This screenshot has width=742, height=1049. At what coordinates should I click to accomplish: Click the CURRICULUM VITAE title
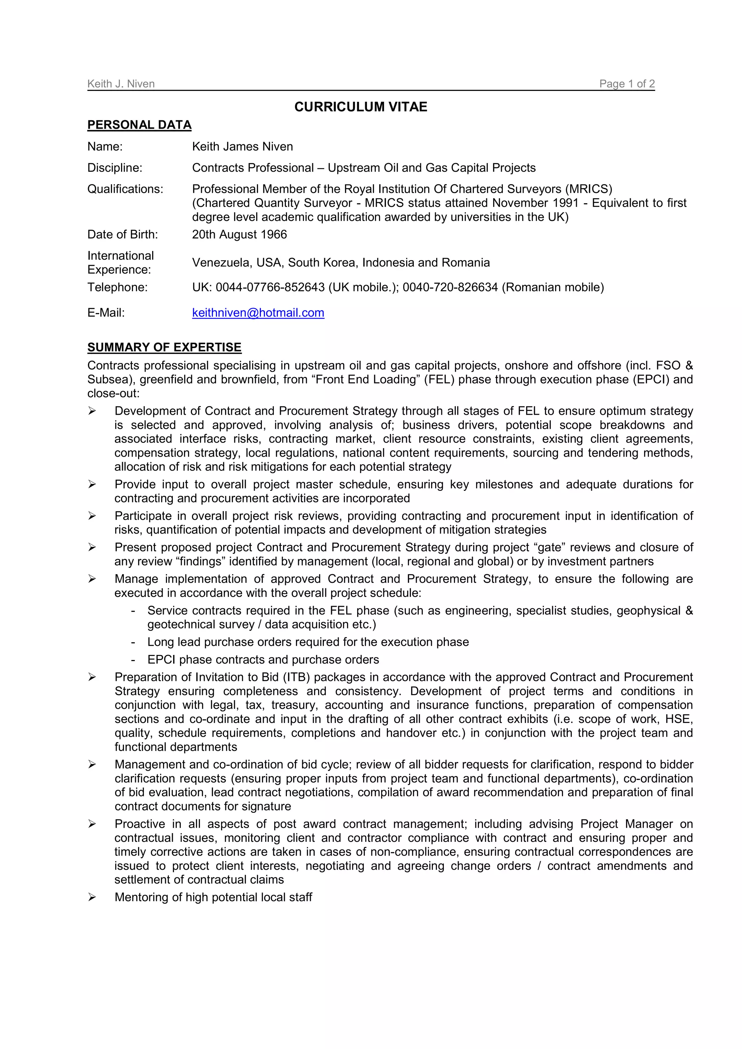tap(360, 106)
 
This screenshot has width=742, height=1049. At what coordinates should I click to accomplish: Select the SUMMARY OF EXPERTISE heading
tap(164, 347)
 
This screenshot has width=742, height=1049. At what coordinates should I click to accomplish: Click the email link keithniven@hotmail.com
tap(258, 313)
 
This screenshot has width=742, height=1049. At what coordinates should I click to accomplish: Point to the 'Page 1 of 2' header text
tap(627, 84)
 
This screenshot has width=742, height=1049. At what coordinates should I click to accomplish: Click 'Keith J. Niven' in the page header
tap(121, 84)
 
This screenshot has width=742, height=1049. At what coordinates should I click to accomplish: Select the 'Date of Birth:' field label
tap(122, 234)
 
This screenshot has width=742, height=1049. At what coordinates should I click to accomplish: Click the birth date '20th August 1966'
tap(239, 234)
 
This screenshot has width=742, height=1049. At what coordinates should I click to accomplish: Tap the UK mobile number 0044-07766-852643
tap(270, 287)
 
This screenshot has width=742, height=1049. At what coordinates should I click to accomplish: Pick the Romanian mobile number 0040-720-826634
tap(450, 287)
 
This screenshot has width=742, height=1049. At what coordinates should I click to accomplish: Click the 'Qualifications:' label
tap(125, 189)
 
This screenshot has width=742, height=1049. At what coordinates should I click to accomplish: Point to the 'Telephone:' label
tap(117, 287)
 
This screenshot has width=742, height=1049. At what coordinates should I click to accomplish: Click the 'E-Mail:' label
tap(106, 313)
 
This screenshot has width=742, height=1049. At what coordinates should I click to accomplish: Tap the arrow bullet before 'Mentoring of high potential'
tap(92, 897)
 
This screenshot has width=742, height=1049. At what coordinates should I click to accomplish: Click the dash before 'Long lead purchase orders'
tap(133, 642)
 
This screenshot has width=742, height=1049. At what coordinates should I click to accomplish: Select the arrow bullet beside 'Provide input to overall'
tap(92, 484)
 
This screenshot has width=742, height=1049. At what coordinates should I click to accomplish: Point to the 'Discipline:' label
tap(115, 168)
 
